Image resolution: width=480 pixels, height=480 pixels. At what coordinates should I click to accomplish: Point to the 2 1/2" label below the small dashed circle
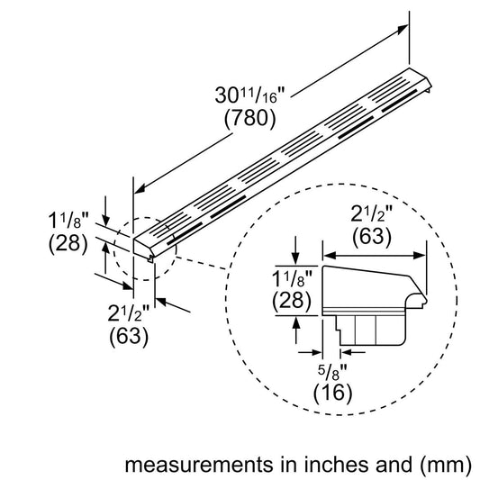(x=130, y=315)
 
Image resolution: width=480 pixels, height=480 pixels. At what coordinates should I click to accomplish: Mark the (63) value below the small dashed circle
(x=130, y=340)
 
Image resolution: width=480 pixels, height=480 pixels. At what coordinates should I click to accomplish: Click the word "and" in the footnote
(x=387, y=466)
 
